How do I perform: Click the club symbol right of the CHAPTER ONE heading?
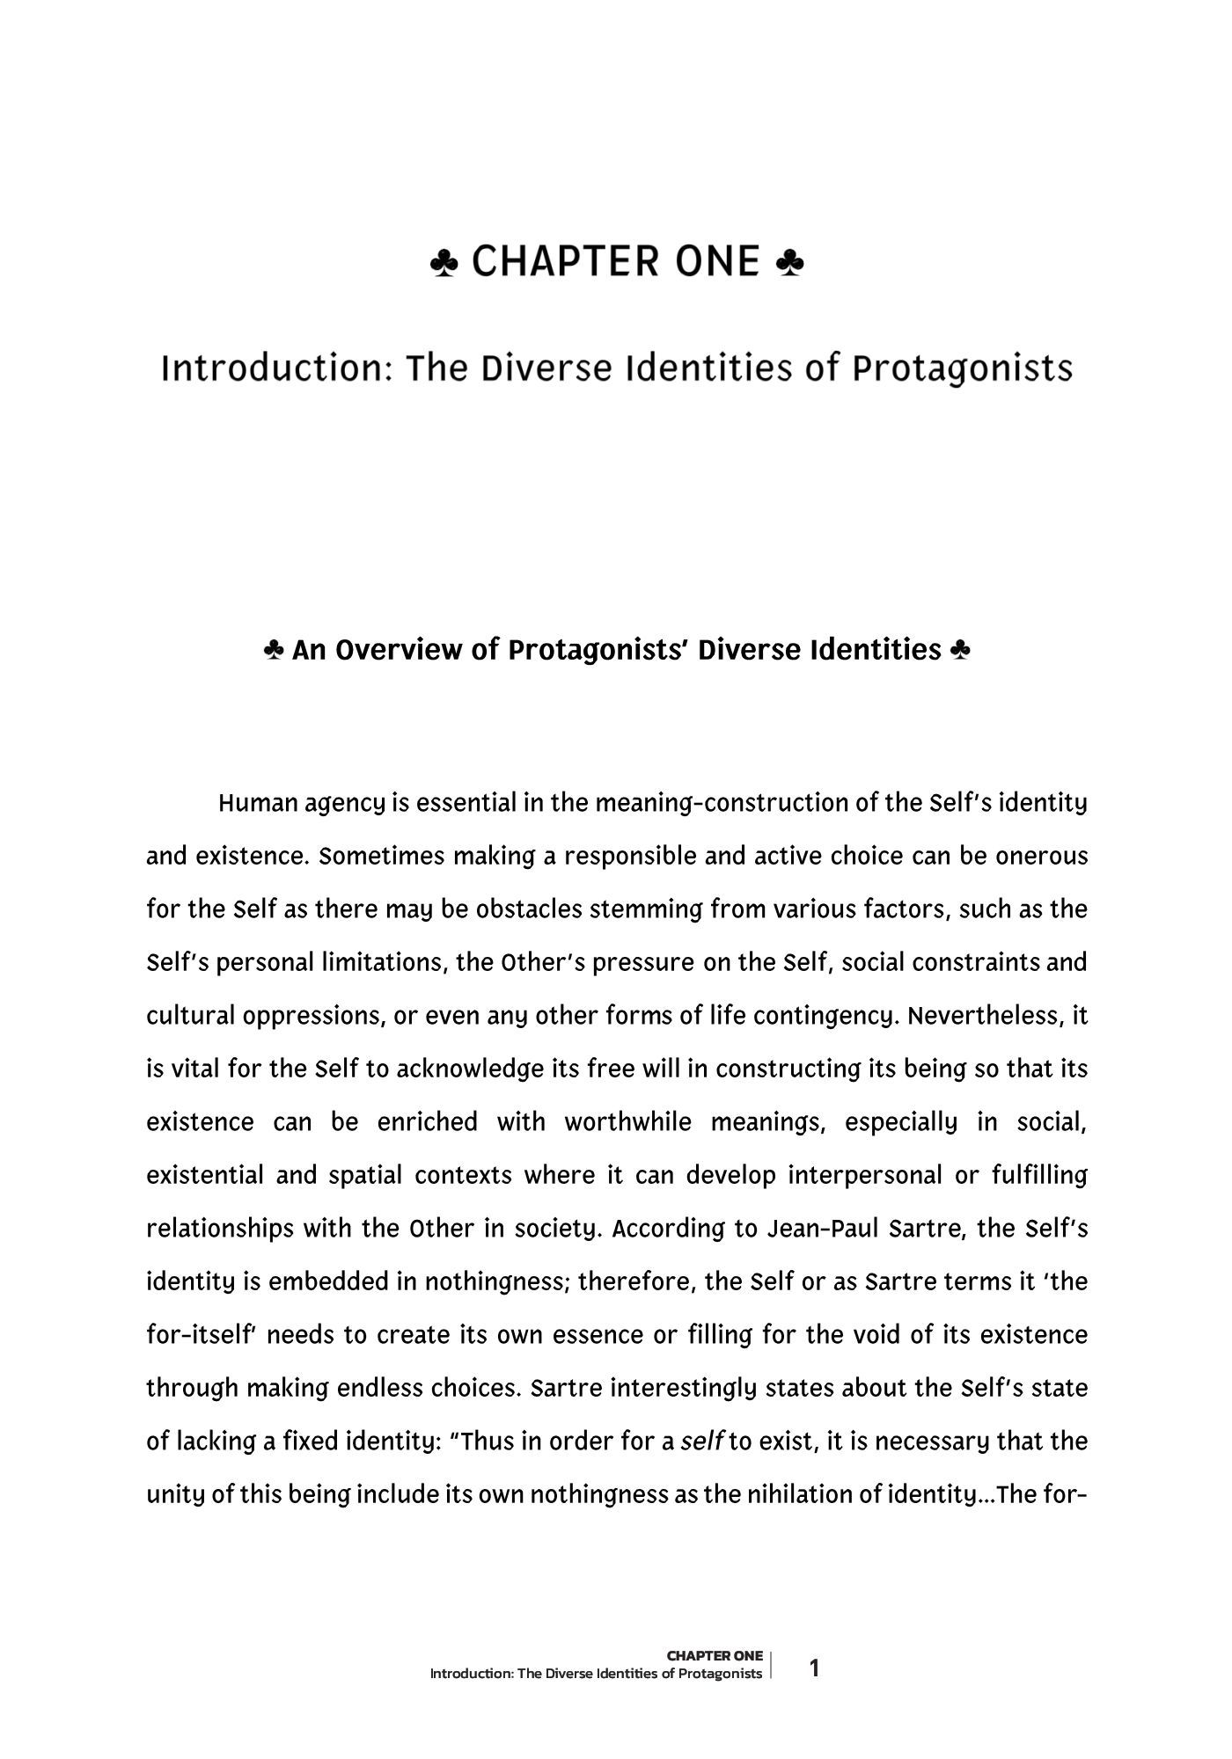point(790,262)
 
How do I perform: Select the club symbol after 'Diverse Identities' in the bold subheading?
point(960,651)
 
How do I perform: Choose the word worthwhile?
point(627,1122)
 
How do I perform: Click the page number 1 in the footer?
point(814,1668)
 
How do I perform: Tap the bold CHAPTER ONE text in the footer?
point(715,1656)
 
